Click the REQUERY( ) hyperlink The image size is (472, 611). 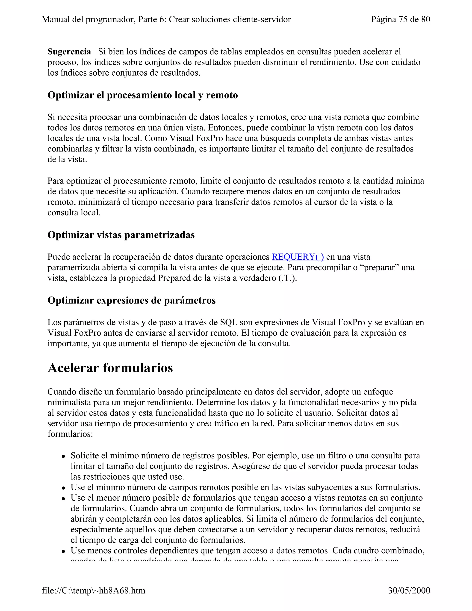tap(298, 257)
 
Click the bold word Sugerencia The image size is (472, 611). tap(69, 51)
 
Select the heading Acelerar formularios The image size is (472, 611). tap(110, 368)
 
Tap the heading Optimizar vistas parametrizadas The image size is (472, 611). tap(121, 235)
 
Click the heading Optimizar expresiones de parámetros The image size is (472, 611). tap(131, 300)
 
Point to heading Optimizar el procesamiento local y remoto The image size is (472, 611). tap(143, 95)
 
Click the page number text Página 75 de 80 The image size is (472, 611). tap(400, 19)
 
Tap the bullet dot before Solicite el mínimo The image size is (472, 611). tap(64, 456)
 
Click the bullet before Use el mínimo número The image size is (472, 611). tap(64, 488)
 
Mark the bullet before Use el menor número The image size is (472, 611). tap(64, 498)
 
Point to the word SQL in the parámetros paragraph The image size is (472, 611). tap(228, 322)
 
